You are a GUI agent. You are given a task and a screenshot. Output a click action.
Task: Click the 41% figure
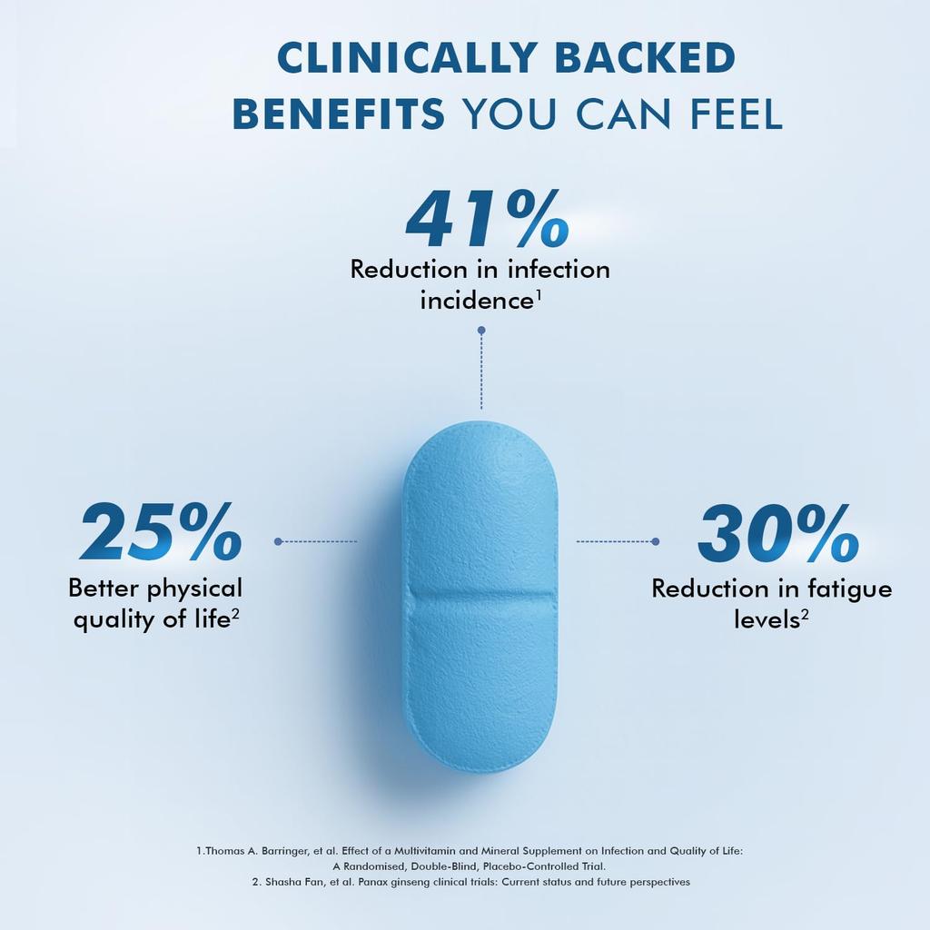pos(487,220)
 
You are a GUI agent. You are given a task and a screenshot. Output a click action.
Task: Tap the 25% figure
pos(161,533)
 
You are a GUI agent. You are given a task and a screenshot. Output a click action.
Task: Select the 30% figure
pos(777,534)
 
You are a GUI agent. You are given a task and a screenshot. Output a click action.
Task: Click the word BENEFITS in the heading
pos(339,115)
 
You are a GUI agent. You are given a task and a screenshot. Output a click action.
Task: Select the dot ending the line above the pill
pos(481,331)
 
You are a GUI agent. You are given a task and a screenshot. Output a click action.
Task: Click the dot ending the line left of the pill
pos(278,541)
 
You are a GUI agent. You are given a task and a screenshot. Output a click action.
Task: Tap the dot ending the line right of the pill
pos(656,541)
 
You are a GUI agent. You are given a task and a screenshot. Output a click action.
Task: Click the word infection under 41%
pos(559,270)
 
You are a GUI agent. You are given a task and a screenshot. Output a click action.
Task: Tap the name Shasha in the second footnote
pos(287,882)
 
